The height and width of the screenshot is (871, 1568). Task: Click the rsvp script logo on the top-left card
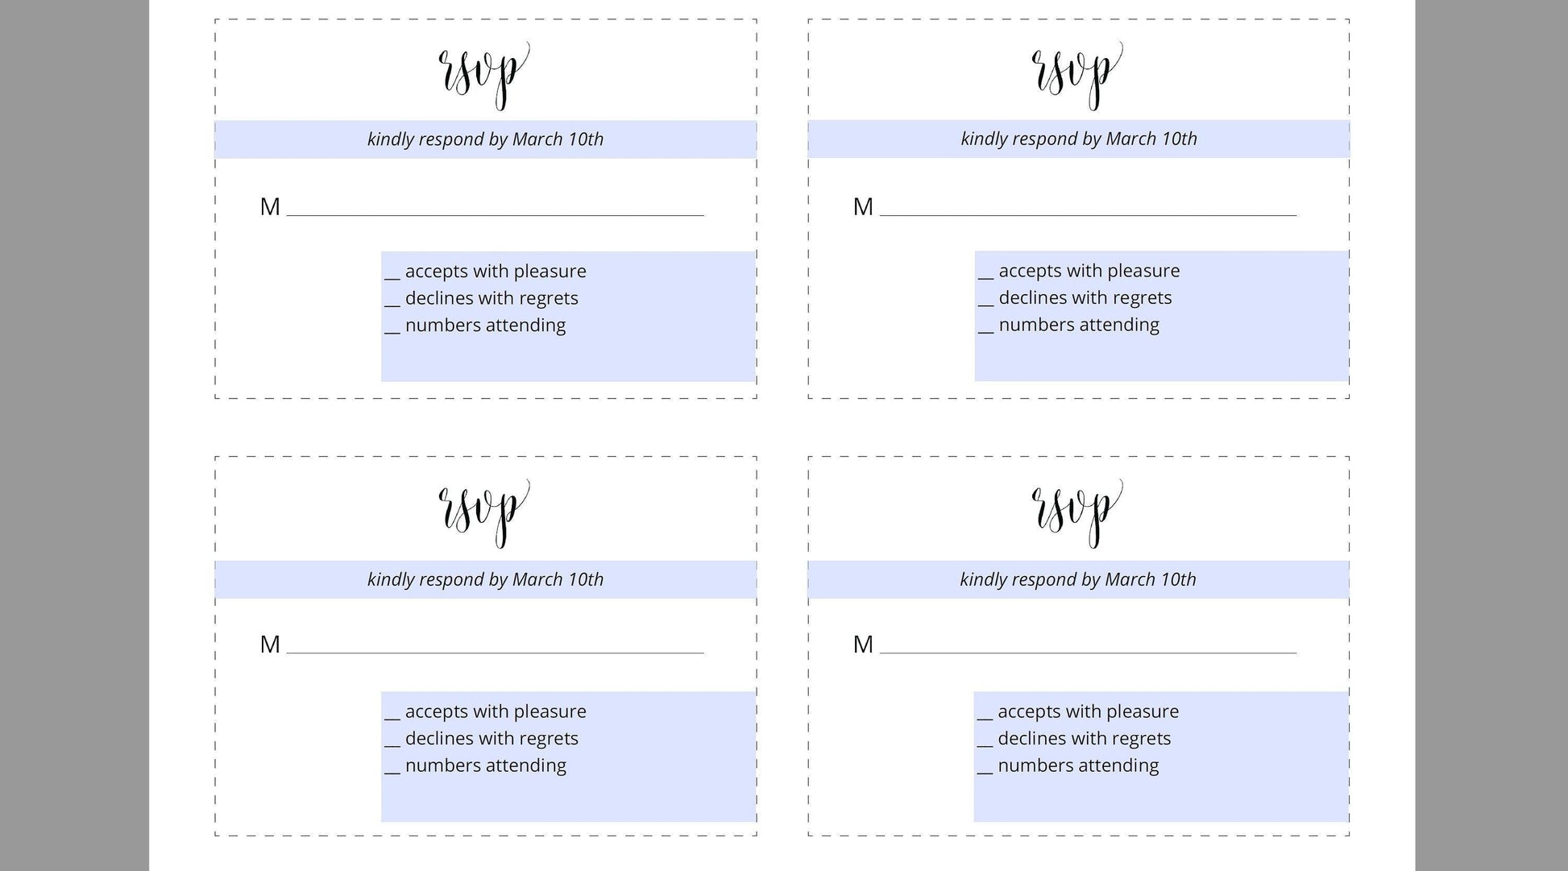(483, 74)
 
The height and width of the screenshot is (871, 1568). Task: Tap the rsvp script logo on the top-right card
(1077, 74)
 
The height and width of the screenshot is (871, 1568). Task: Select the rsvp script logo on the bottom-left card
(483, 512)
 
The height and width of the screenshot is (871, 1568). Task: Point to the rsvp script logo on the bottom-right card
(1077, 512)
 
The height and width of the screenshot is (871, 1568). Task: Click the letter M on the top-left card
(270, 207)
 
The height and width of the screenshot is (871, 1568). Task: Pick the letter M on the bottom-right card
(863, 645)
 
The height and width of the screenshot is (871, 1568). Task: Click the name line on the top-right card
(1088, 214)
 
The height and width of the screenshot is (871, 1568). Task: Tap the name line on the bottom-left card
(495, 652)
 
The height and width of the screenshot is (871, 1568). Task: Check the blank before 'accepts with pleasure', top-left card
(392, 276)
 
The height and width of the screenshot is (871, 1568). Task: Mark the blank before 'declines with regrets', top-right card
(985, 303)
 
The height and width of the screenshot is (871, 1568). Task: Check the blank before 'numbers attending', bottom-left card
(392, 771)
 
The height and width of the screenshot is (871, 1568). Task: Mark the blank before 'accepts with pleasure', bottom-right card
(985, 717)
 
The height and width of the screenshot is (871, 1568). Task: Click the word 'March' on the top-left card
(537, 139)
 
